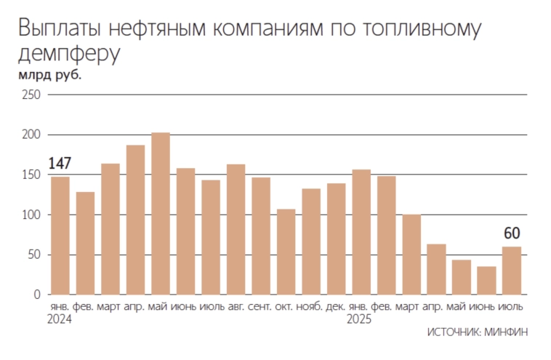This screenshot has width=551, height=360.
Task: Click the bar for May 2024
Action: [161, 214]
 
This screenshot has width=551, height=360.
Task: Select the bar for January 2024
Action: [60, 236]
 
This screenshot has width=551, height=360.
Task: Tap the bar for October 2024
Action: [286, 252]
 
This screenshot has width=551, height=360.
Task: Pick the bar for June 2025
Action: [486, 280]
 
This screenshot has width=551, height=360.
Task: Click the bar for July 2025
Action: [512, 271]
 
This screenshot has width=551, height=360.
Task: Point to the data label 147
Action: [60, 164]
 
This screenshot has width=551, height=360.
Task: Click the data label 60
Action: [512, 233]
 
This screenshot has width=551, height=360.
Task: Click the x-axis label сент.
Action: [261, 307]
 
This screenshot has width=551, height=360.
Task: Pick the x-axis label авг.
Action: [236, 307]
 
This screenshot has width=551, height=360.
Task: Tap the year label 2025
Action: [360, 319]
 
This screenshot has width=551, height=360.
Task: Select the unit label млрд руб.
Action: [49, 75]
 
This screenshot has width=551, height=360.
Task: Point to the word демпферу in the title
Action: [68, 54]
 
